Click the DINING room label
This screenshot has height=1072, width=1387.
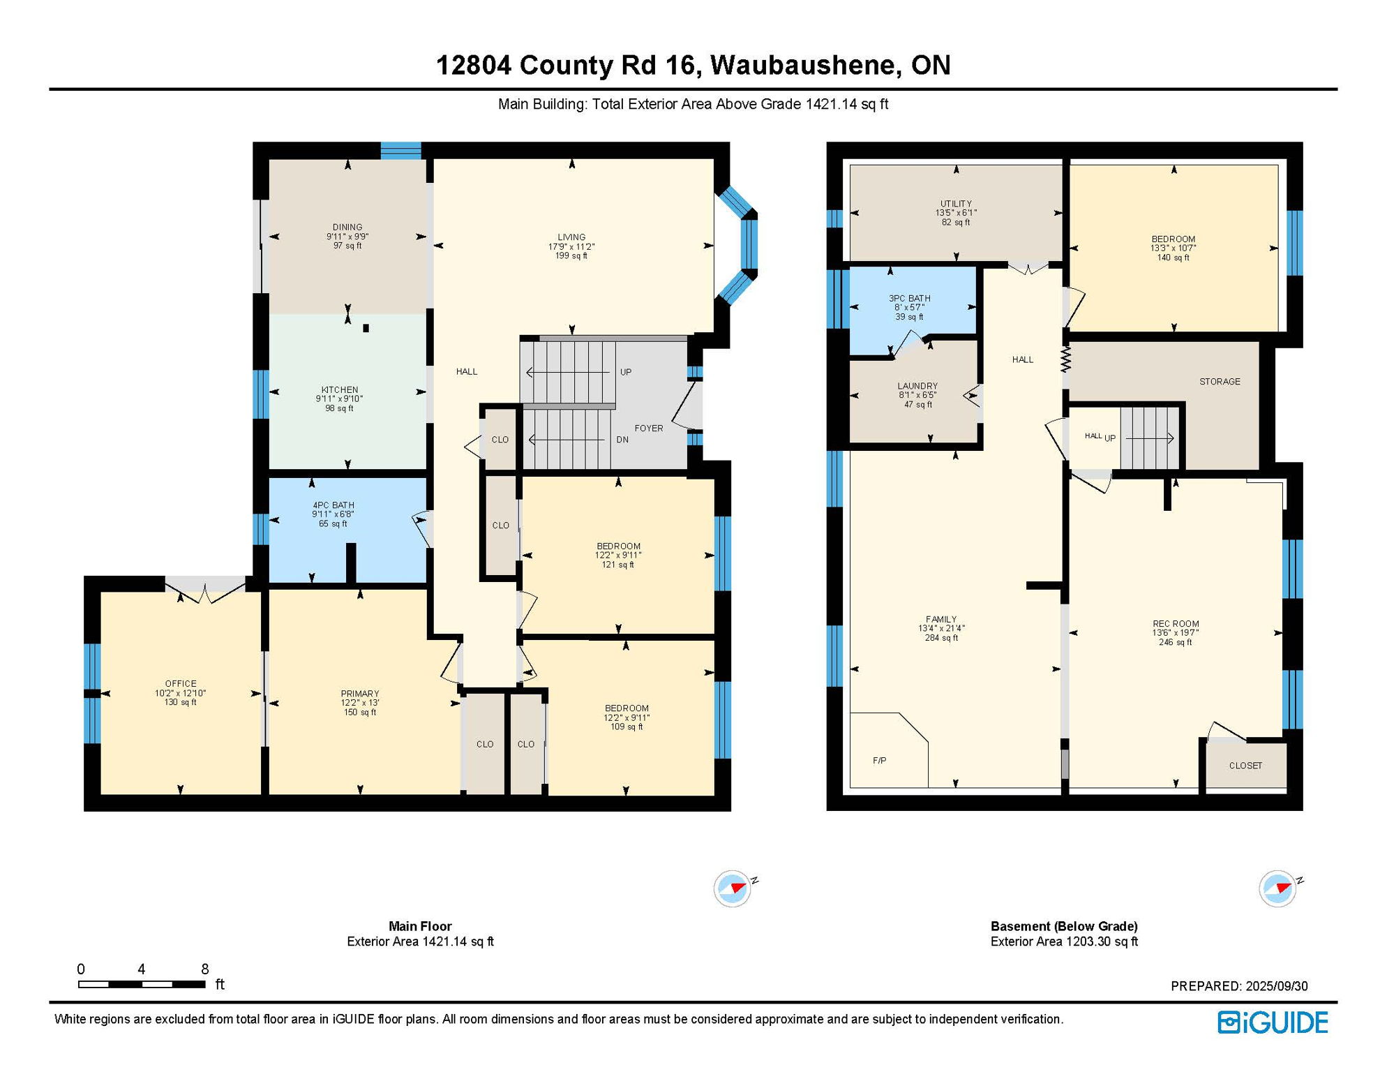[x=347, y=227]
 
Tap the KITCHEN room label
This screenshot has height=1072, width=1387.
[x=339, y=389]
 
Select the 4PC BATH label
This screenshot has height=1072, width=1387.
[x=333, y=505]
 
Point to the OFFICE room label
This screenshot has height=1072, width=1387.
[x=181, y=683]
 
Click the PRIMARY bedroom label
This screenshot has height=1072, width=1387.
[x=359, y=693]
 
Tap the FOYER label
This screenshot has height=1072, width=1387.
[x=649, y=428]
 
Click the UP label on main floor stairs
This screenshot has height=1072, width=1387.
[x=626, y=372]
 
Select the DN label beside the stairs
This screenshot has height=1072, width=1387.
[x=622, y=440]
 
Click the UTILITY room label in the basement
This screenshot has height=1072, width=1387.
[x=956, y=204]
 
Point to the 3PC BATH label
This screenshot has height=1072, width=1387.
[x=909, y=298]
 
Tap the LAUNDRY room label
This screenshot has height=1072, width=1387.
[x=917, y=385]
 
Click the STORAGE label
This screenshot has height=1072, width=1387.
[x=1220, y=381]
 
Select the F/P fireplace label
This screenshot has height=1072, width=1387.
[x=879, y=760]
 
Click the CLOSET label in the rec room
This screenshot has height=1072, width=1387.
[x=1245, y=765]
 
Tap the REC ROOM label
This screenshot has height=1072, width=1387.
[x=1176, y=623]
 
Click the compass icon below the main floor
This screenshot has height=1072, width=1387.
[x=733, y=888]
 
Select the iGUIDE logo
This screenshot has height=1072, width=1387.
[x=1273, y=1022]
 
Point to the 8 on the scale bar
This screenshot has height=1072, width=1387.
[x=204, y=969]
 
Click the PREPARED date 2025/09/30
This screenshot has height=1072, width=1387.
[x=1277, y=986]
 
